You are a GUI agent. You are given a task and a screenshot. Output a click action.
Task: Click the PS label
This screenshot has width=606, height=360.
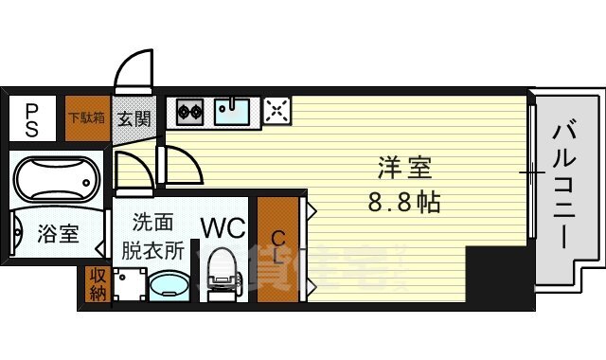pos(31,119)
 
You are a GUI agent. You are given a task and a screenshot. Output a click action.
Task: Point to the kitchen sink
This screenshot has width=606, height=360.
pos(232,112)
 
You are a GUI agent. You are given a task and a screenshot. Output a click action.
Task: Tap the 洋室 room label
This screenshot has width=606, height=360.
pos(404,171)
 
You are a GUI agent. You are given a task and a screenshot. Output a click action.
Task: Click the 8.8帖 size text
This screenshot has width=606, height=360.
pos(405,202)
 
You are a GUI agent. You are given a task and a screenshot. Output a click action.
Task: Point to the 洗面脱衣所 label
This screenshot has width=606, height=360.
pos(152,237)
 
